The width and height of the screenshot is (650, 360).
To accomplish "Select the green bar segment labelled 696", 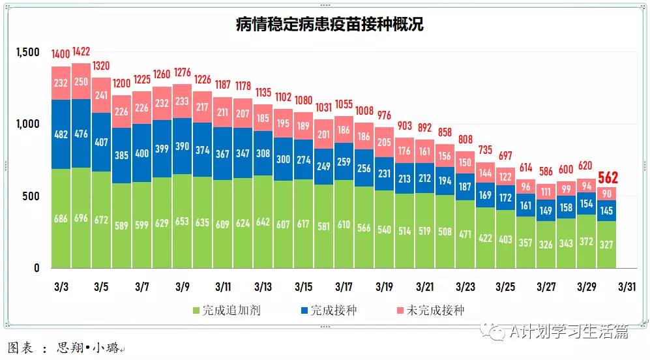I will [82, 218].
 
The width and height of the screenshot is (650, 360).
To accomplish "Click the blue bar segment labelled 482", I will [61, 134].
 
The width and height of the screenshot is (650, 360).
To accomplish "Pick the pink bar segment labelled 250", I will [82, 81].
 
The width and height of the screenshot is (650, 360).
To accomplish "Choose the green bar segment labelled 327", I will [607, 245].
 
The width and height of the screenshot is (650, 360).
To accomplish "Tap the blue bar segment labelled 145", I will [607, 210].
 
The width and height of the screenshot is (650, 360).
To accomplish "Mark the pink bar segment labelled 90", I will [607, 193].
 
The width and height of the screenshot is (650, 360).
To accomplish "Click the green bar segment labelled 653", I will [183, 221].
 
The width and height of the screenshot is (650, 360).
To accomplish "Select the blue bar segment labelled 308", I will [263, 153].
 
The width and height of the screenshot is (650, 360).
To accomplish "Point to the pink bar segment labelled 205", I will [385, 142].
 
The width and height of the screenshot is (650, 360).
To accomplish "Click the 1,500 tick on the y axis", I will [28, 52].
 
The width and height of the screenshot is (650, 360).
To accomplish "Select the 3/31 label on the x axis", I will [627, 287].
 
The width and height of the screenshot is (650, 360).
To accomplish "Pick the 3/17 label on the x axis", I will [344, 287].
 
